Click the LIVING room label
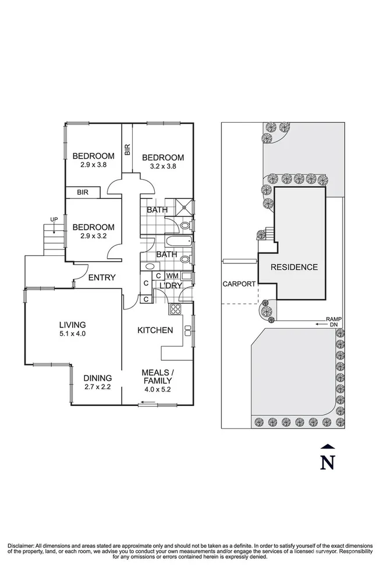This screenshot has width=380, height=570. (72, 325)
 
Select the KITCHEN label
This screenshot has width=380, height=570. (155, 330)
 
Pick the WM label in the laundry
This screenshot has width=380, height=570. (172, 276)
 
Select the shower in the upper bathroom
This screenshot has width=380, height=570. (186, 204)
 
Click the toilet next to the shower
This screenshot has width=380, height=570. (186, 225)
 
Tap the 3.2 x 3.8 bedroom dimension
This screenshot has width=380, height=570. (162, 166)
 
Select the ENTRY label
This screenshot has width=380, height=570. (102, 277)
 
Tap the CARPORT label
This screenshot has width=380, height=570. (239, 284)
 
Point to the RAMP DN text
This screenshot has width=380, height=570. (333, 322)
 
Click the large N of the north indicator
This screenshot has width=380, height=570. (328, 462)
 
